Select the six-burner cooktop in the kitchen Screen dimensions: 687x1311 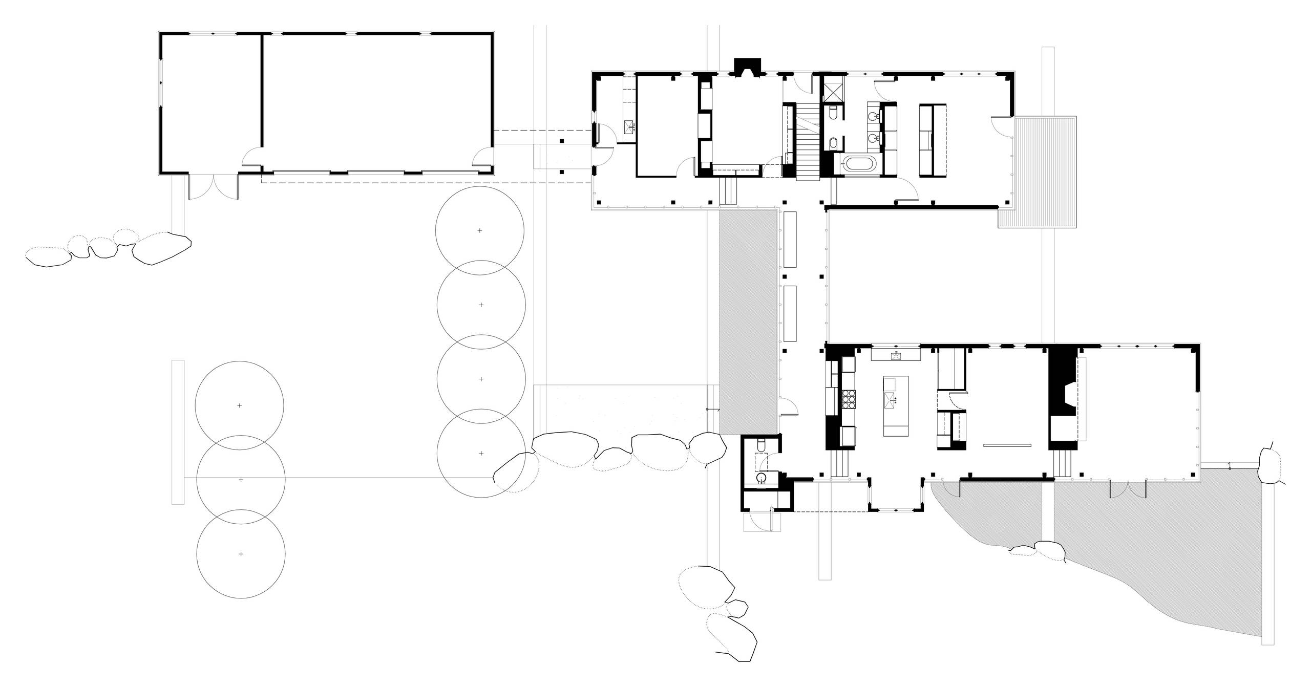click(x=848, y=399)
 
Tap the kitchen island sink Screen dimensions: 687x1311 click(x=895, y=399)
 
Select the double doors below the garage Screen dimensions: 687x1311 click(x=214, y=187)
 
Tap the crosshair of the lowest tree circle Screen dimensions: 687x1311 click(x=241, y=554)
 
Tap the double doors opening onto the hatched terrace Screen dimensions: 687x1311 click(x=1128, y=490)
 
